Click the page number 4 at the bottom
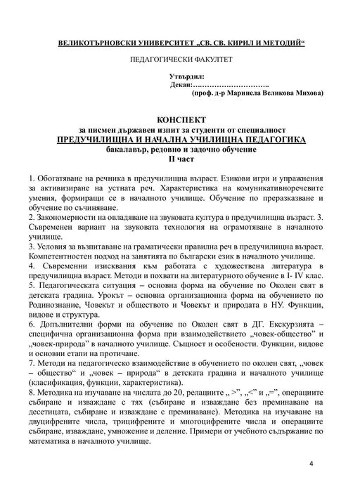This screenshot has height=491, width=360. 311,464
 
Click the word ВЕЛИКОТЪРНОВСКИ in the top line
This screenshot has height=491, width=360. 99,43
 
